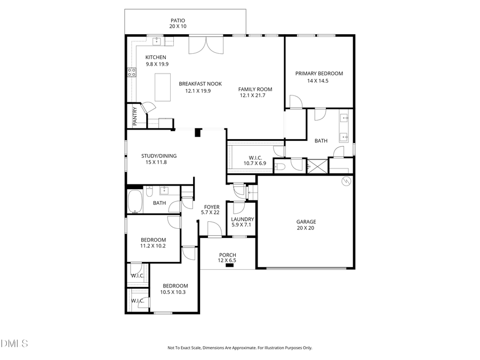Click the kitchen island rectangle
pos(163,87)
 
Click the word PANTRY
pos(135,116)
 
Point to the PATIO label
pos(178,21)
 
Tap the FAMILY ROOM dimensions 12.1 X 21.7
pos(255,95)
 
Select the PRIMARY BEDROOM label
pos(319,74)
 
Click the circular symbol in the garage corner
pos(346,181)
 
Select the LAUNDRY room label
pos(242,219)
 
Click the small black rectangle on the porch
pos(229,265)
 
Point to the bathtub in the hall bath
pos(135,202)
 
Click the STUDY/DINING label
pos(158,156)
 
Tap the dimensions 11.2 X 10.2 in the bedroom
pos(153,246)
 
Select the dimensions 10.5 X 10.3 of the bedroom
pos(173,292)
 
